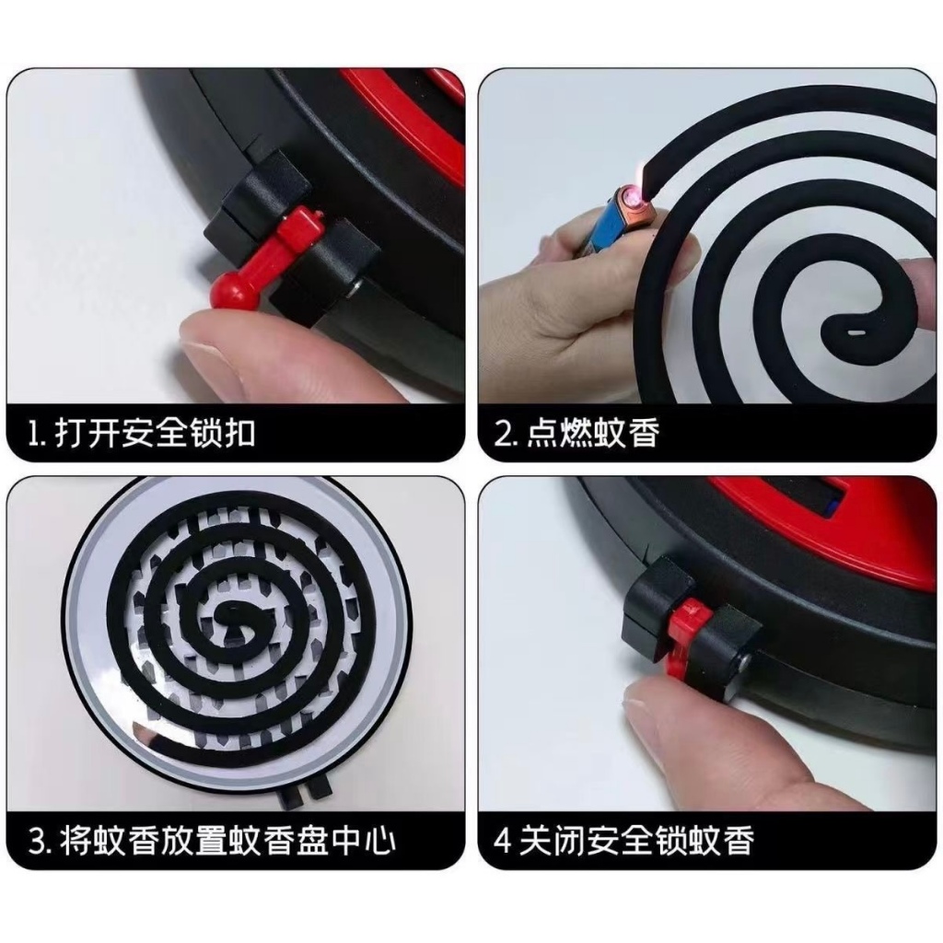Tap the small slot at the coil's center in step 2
(x=856, y=332)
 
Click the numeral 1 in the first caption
(x=34, y=433)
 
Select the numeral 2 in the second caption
(x=501, y=433)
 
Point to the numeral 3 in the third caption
(x=37, y=841)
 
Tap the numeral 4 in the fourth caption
(x=503, y=841)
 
